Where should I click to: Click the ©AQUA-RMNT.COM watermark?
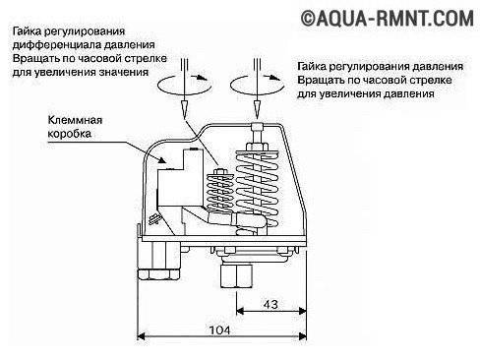pos(388,19)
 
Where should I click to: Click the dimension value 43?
pos(270,304)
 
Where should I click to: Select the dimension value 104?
pos(219,330)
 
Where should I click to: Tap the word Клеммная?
pos(75,120)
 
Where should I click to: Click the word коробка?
pos(70,134)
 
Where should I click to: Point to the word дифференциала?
pos(51,45)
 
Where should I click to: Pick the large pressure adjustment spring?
pos(258,190)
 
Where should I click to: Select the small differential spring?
pos(220,194)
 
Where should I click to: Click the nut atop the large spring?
pos(258,147)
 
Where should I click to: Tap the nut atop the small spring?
pos(220,172)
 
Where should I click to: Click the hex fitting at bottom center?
pos(237,275)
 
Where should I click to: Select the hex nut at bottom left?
pos(158,274)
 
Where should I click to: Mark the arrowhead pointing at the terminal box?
pos(162,159)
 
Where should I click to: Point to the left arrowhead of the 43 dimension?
pos(240,310)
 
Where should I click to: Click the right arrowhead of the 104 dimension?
pos(303,336)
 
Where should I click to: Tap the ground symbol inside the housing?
pos(153,218)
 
